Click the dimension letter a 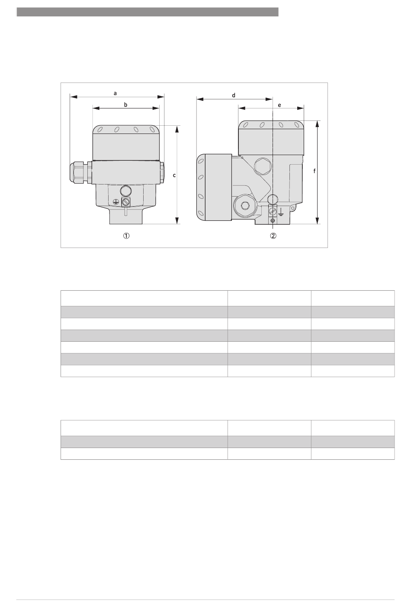[x=116, y=93]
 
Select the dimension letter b [x=125, y=105]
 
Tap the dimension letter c [x=174, y=175]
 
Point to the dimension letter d [x=234, y=95]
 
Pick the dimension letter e [x=279, y=105]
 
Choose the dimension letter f [x=315, y=171]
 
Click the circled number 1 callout [x=126, y=235]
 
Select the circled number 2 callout [x=273, y=235]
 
